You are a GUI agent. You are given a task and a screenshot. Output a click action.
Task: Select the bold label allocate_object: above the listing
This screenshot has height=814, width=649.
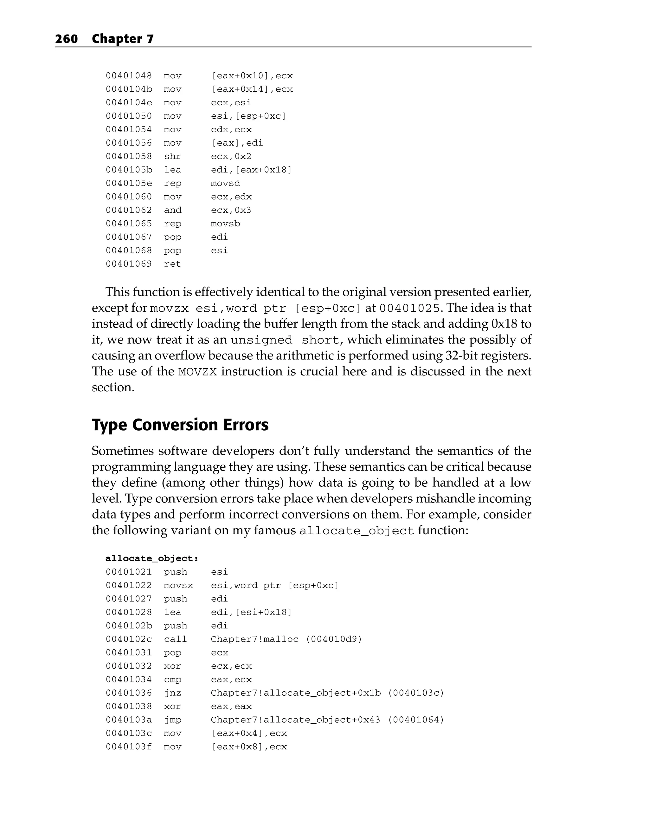point(152,558)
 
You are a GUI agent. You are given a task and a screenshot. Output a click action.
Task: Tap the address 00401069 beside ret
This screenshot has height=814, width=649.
point(129,264)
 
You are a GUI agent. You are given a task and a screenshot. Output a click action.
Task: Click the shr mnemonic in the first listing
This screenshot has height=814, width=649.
point(172,156)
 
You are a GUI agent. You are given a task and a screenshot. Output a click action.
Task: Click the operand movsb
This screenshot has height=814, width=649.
point(225,224)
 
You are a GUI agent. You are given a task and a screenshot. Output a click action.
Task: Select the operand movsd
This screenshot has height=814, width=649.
point(225,183)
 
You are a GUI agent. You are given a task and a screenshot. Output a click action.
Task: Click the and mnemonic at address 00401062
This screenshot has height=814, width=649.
point(172,210)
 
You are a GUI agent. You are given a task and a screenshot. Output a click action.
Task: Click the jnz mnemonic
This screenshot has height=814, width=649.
point(172,693)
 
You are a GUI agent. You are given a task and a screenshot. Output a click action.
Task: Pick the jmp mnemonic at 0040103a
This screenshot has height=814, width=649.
point(172,720)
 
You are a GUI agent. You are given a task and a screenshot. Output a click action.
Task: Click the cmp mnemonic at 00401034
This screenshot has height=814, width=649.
point(172,679)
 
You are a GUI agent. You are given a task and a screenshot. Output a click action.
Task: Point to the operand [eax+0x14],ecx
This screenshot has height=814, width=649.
point(252,89)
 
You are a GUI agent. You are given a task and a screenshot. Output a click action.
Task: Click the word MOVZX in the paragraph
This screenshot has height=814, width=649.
point(197,372)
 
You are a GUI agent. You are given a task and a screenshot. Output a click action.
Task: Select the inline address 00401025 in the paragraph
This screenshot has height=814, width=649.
point(409,309)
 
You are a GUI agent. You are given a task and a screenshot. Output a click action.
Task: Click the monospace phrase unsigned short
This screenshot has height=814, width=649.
point(285,340)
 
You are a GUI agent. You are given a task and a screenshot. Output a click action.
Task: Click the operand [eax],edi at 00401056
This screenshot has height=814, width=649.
point(237,143)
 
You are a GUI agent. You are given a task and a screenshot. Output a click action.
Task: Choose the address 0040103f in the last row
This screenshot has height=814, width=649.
point(129,746)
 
